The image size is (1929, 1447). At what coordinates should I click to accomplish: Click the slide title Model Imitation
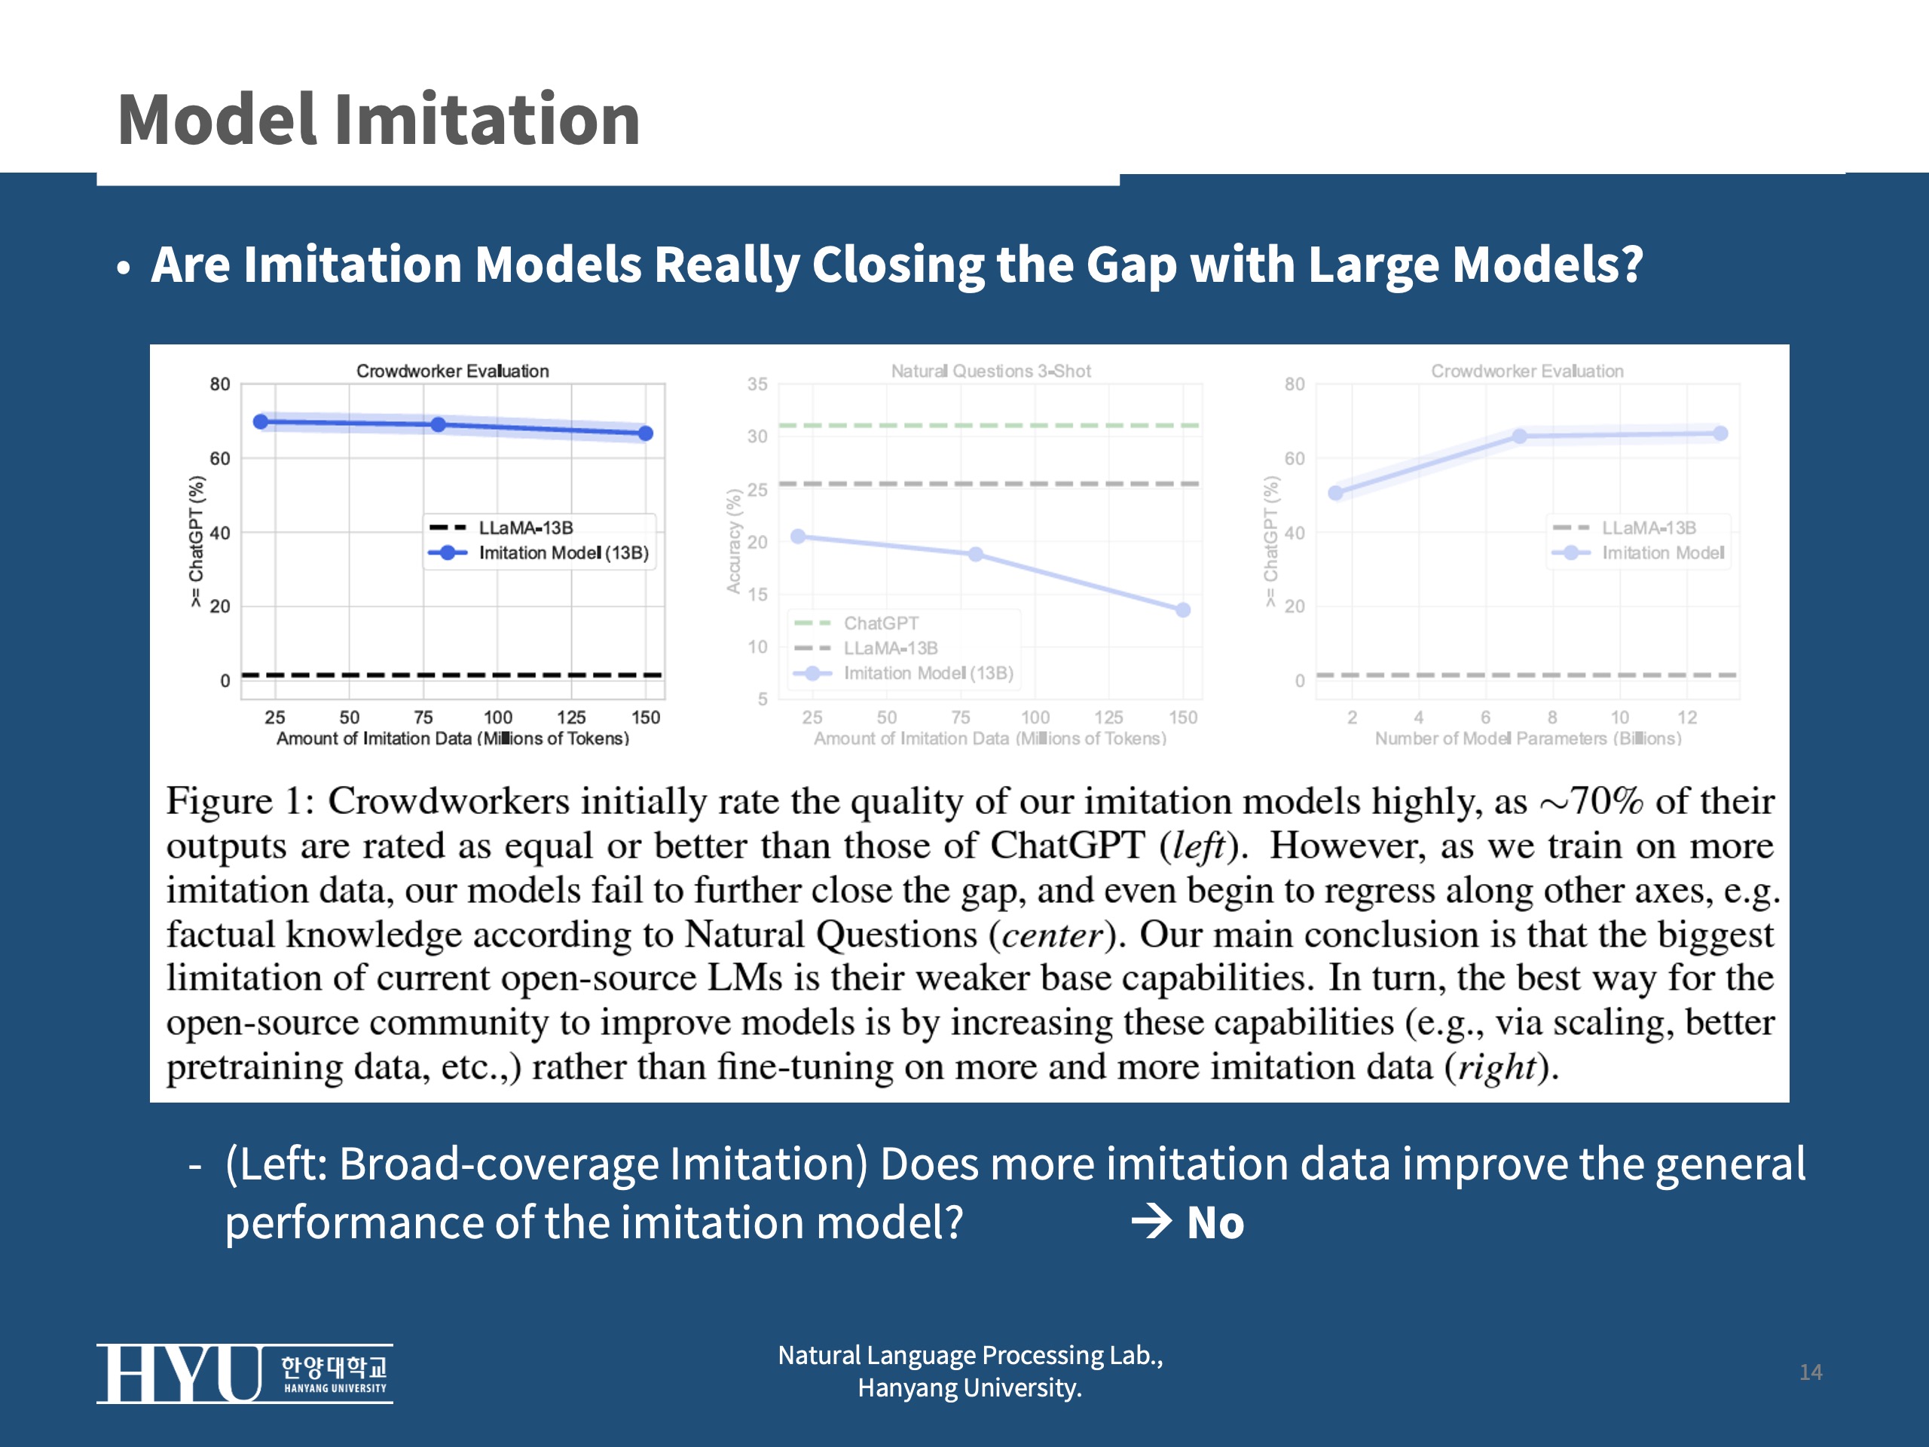pos(378,120)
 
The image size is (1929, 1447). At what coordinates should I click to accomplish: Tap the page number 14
pos(1811,1372)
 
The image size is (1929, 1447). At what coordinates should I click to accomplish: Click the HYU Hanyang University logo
pos(244,1373)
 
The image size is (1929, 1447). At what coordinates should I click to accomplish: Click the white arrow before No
pos(1151,1221)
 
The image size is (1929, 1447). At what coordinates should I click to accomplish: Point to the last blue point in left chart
pos(645,433)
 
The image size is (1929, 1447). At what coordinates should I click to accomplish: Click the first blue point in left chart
pos(260,422)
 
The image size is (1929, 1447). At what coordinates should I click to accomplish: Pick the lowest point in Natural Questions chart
pos(1182,610)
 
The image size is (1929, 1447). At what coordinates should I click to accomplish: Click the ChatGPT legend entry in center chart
pos(881,623)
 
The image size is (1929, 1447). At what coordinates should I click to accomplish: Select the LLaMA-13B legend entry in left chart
pos(525,528)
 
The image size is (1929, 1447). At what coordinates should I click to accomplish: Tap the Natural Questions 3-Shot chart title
pos(991,371)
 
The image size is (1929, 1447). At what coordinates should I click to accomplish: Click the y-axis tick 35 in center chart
pos(757,384)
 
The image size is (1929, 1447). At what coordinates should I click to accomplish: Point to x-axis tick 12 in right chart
pos(1686,717)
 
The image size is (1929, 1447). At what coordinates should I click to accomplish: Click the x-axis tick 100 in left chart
pos(498,717)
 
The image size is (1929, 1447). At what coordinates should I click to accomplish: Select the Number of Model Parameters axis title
pos(1528,739)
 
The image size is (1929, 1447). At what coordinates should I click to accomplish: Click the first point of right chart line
pos(1335,493)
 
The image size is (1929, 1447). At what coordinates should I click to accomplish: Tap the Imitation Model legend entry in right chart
pos(1662,553)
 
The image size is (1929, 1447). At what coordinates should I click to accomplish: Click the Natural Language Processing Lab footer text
pos(970,1355)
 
